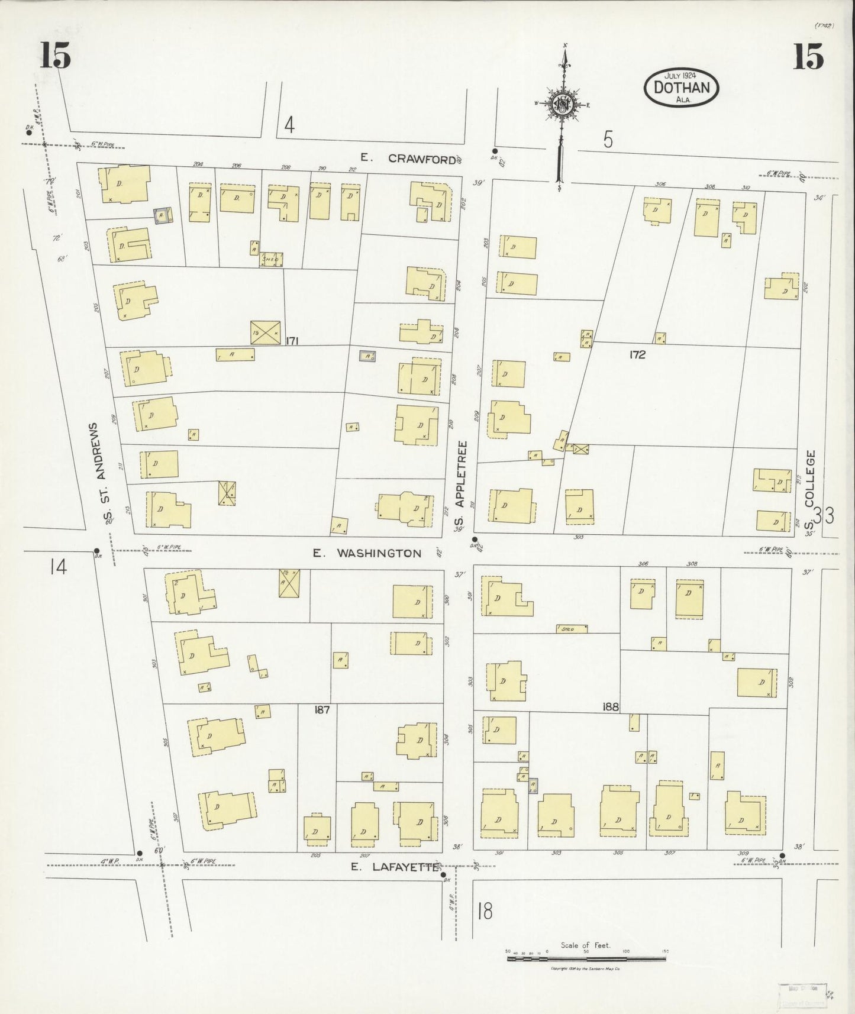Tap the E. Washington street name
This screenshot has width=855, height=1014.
coord(367,554)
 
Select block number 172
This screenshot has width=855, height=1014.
coord(637,355)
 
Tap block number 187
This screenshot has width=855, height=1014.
coord(322,709)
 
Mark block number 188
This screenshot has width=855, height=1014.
coord(611,706)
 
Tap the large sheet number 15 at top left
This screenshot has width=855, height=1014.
coord(56,56)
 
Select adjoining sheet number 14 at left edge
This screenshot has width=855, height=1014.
coord(58,567)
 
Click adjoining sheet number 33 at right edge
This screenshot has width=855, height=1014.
coord(823,516)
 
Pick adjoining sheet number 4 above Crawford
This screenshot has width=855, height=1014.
coord(289,125)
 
